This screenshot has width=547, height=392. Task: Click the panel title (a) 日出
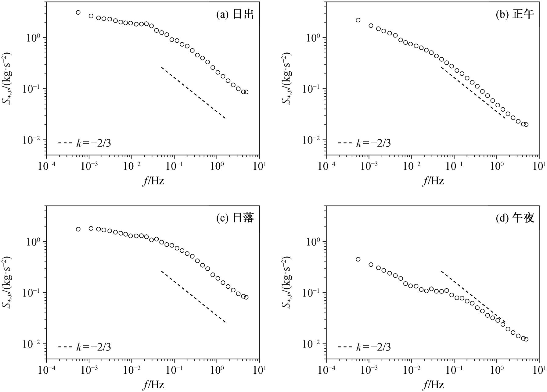point(235,15)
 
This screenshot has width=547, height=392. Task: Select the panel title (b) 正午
point(515,15)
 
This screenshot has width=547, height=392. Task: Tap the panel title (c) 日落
point(235,218)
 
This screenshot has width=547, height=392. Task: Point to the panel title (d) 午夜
point(515,218)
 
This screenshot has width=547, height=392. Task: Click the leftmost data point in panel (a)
point(78,12)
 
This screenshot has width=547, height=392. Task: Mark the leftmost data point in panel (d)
point(358,259)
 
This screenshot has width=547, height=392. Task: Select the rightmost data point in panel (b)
point(526,124)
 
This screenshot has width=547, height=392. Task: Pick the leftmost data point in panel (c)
point(78,229)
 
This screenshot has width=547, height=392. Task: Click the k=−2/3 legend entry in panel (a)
point(85,143)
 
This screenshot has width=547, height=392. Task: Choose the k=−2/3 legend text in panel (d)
point(373,347)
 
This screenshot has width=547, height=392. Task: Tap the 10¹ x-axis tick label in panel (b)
point(539,166)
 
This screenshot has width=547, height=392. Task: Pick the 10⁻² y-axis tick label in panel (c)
point(33,343)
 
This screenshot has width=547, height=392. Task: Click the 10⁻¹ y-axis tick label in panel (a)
point(33,88)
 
